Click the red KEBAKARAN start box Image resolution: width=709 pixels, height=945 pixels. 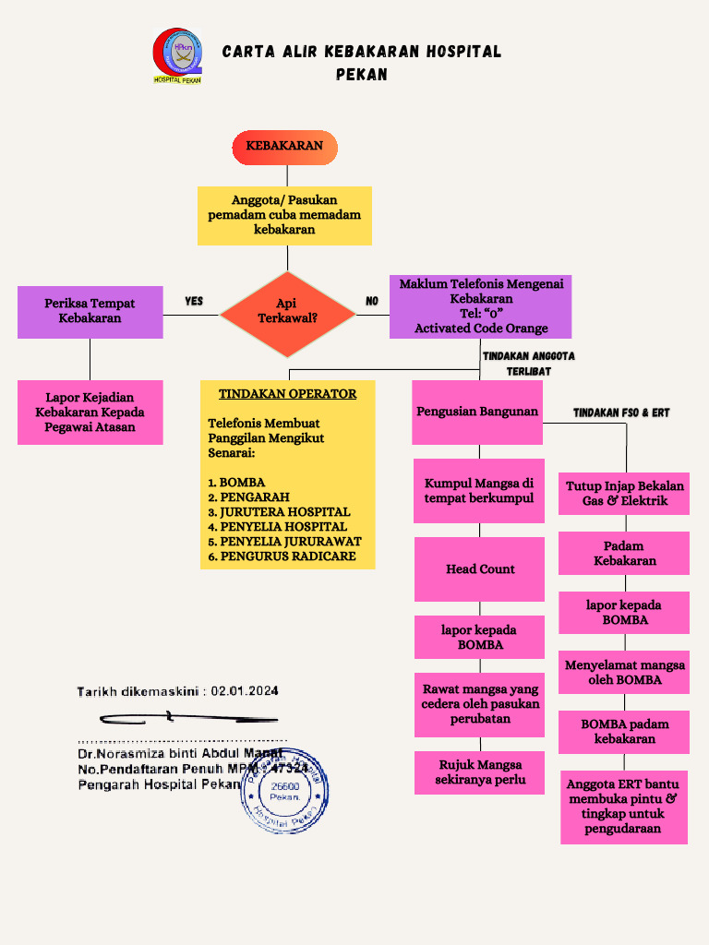[x=284, y=147]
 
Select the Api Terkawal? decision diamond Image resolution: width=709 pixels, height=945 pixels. [x=287, y=312]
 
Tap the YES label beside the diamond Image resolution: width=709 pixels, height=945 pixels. [x=194, y=302]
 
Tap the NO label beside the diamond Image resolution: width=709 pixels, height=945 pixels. [x=372, y=302]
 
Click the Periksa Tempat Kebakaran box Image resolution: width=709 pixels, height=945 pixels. [x=90, y=312]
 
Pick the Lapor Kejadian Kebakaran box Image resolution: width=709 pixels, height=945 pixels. [x=90, y=413]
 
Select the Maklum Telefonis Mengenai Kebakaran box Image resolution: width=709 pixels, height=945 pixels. [x=480, y=306]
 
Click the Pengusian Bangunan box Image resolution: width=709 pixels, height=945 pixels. [x=477, y=412]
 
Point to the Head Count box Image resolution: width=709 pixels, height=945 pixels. [x=480, y=569]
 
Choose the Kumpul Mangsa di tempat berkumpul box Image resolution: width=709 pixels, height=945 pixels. [x=479, y=491]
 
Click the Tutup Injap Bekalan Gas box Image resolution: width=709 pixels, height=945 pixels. [x=625, y=494]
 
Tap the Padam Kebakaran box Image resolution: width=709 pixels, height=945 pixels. [x=625, y=554]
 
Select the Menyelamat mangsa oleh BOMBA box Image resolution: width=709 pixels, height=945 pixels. [x=625, y=673]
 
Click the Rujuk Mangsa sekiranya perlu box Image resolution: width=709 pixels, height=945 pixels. [x=480, y=772]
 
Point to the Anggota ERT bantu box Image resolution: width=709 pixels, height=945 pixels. [x=624, y=807]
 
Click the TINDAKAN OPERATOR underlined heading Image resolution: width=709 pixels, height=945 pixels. [x=287, y=394]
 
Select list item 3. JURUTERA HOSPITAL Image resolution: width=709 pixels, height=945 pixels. [x=279, y=512]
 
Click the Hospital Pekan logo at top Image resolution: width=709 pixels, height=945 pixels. [x=177, y=55]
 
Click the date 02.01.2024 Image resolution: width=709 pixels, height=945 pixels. [x=245, y=690]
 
